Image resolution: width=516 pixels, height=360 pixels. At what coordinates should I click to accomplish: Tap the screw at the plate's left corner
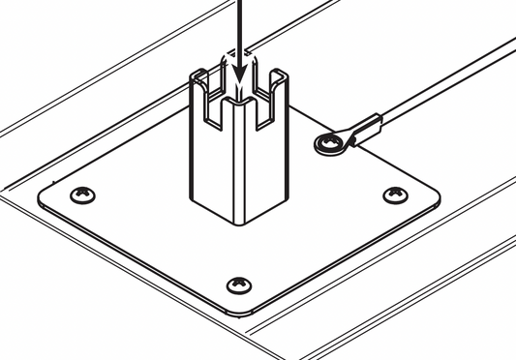(84, 195)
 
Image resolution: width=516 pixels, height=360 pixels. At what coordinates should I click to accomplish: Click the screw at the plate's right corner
(395, 195)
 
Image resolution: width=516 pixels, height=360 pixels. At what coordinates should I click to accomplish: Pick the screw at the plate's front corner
(238, 285)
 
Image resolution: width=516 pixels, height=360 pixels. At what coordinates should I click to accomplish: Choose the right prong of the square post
(279, 87)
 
